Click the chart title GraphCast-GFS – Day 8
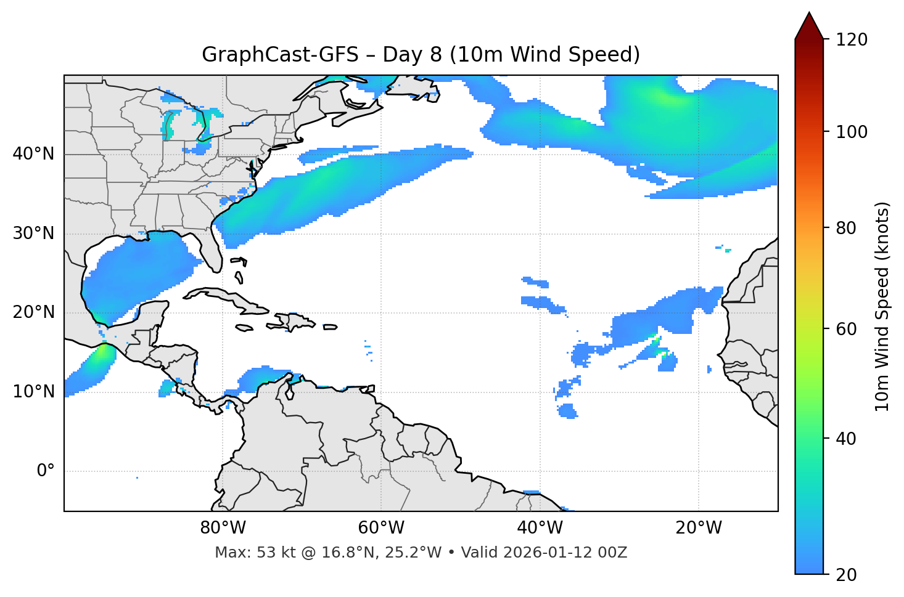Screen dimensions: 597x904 pyautogui.click(x=421, y=55)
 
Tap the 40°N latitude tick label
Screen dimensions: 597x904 pyautogui.click(x=33, y=154)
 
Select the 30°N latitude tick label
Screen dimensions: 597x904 pyautogui.click(x=33, y=234)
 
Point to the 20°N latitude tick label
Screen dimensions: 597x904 pyautogui.click(x=33, y=312)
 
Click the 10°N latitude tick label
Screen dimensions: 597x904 pyautogui.click(x=33, y=392)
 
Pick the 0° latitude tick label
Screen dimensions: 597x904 pyautogui.click(x=46, y=471)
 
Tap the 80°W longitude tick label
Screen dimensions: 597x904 pyautogui.click(x=223, y=528)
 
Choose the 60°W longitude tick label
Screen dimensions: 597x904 pyautogui.click(x=381, y=528)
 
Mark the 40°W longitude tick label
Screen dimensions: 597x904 pyautogui.click(x=540, y=528)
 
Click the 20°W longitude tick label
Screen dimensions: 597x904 pyautogui.click(x=698, y=528)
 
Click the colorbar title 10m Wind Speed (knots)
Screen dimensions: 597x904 pyautogui.click(x=882, y=307)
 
